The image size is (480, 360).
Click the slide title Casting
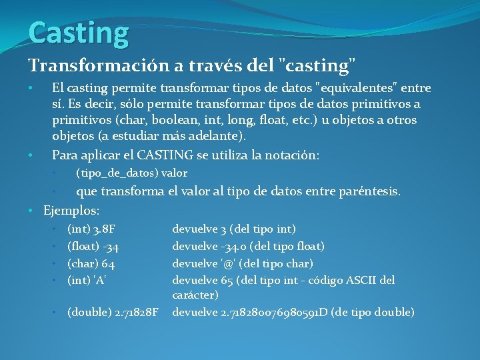[x=78, y=33]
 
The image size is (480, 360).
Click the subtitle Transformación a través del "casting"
[x=192, y=65]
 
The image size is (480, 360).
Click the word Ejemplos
[x=71, y=211]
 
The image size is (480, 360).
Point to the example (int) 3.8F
[x=92, y=229]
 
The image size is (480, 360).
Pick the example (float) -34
[x=93, y=247]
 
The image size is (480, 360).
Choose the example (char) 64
[x=91, y=264]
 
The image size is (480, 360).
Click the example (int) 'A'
[x=88, y=281]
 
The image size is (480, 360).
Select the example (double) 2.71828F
[x=113, y=312]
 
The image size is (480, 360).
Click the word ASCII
[x=363, y=281]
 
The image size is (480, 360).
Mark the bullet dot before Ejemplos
[x=32, y=211]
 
